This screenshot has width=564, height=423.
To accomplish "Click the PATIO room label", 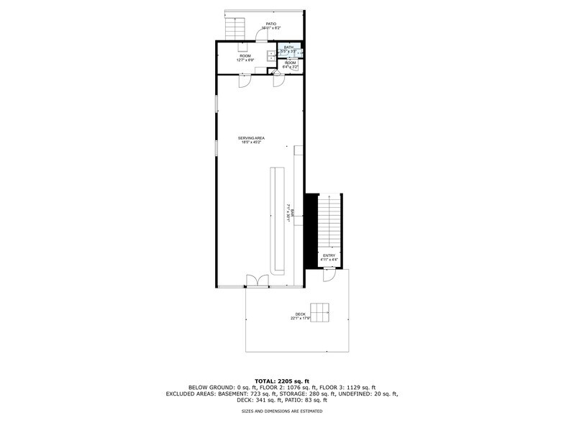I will point(271,24).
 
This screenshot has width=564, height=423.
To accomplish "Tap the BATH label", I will point(288,47).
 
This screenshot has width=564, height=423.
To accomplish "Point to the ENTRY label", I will point(329,255).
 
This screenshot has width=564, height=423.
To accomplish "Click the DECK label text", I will point(300,314).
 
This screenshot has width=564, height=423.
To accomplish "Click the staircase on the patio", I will point(236,28).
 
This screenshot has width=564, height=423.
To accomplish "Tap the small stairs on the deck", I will point(320,312).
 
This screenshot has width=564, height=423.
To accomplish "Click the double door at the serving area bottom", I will point(255,281).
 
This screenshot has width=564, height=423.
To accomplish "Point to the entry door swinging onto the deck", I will point(329,274).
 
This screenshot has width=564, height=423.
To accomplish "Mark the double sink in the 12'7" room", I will point(271,55).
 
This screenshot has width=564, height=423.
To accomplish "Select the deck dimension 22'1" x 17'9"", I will point(300,319).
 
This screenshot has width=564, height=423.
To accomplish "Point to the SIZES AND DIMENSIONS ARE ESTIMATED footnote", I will point(282,411).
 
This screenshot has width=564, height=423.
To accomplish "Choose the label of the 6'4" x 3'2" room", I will point(290,64).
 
